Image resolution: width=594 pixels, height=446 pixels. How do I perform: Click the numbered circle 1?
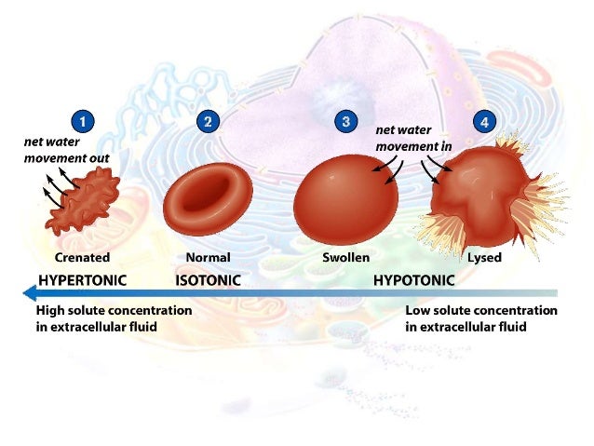click(84, 121)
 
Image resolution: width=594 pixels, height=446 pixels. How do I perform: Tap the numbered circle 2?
click(208, 121)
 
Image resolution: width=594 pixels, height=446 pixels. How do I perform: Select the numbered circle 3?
click(346, 121)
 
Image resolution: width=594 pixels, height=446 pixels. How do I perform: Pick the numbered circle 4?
click(483, 121)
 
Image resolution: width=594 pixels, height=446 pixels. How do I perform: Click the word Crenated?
click(82, 257)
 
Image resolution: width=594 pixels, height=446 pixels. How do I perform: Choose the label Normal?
click(208, 257)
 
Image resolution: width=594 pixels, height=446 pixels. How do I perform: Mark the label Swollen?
click(345, 257)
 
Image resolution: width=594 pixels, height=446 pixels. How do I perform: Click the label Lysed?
click(484, 257)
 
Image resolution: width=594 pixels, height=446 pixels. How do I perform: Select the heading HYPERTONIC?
click(82, 279)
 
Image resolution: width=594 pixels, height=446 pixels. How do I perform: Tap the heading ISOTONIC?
click(209, 279)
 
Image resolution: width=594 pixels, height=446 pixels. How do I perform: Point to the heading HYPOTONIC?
click(413, 279)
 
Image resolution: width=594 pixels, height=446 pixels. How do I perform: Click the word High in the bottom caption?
click(51, 310)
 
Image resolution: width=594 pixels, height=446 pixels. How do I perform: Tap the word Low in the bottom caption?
click(418, 310)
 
